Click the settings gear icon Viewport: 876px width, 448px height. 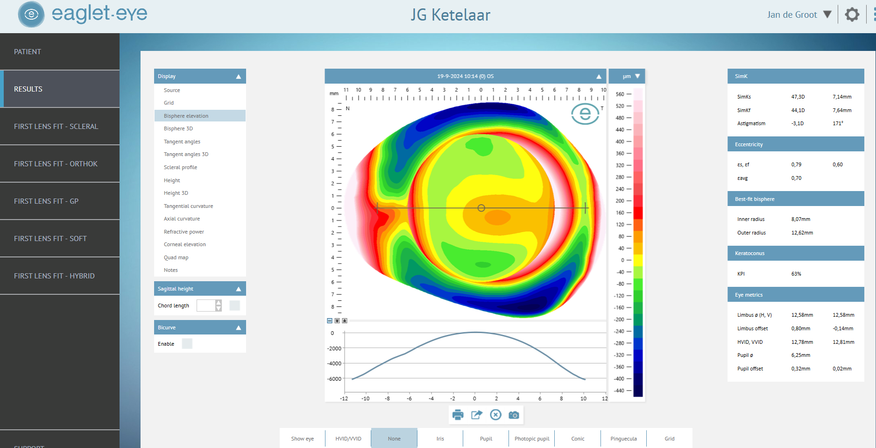tap(852, 14)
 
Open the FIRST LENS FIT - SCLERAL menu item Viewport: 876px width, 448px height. tap(56, 127)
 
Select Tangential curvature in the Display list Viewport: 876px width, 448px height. tap(188, 206)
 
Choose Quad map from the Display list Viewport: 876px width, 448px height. tap(176, 257)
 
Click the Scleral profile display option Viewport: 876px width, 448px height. tap(180, 167)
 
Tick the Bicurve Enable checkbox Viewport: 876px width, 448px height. tap(187, 344)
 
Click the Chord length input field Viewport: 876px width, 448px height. tap(205, 306)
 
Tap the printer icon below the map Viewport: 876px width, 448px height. tap(458, 415)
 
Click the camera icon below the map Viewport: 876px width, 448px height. tap(514, 415)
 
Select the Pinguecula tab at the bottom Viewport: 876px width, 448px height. tap(623, 439)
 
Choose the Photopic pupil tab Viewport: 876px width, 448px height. tap(531, 439)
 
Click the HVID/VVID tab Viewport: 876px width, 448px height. tap(348, 439)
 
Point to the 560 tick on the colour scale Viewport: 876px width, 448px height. tap(620, 94)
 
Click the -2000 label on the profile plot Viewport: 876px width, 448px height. tap(334, 348)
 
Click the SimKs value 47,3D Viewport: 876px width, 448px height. tap(798, 97)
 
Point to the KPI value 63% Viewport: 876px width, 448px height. tap(796, 274)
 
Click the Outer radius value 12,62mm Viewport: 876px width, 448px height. tap(802, 233)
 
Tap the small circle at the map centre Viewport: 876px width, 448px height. tap(481, 208)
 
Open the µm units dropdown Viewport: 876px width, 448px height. tap(631, 76)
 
